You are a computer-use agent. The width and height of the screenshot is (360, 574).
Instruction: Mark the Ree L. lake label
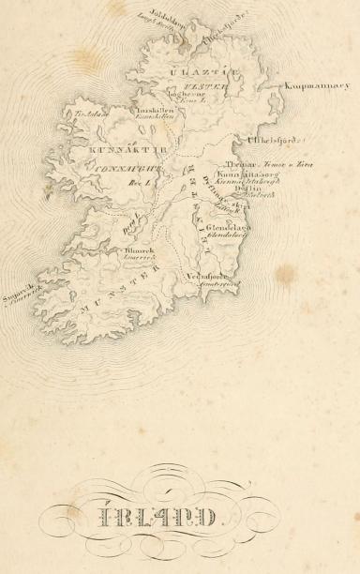145,185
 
